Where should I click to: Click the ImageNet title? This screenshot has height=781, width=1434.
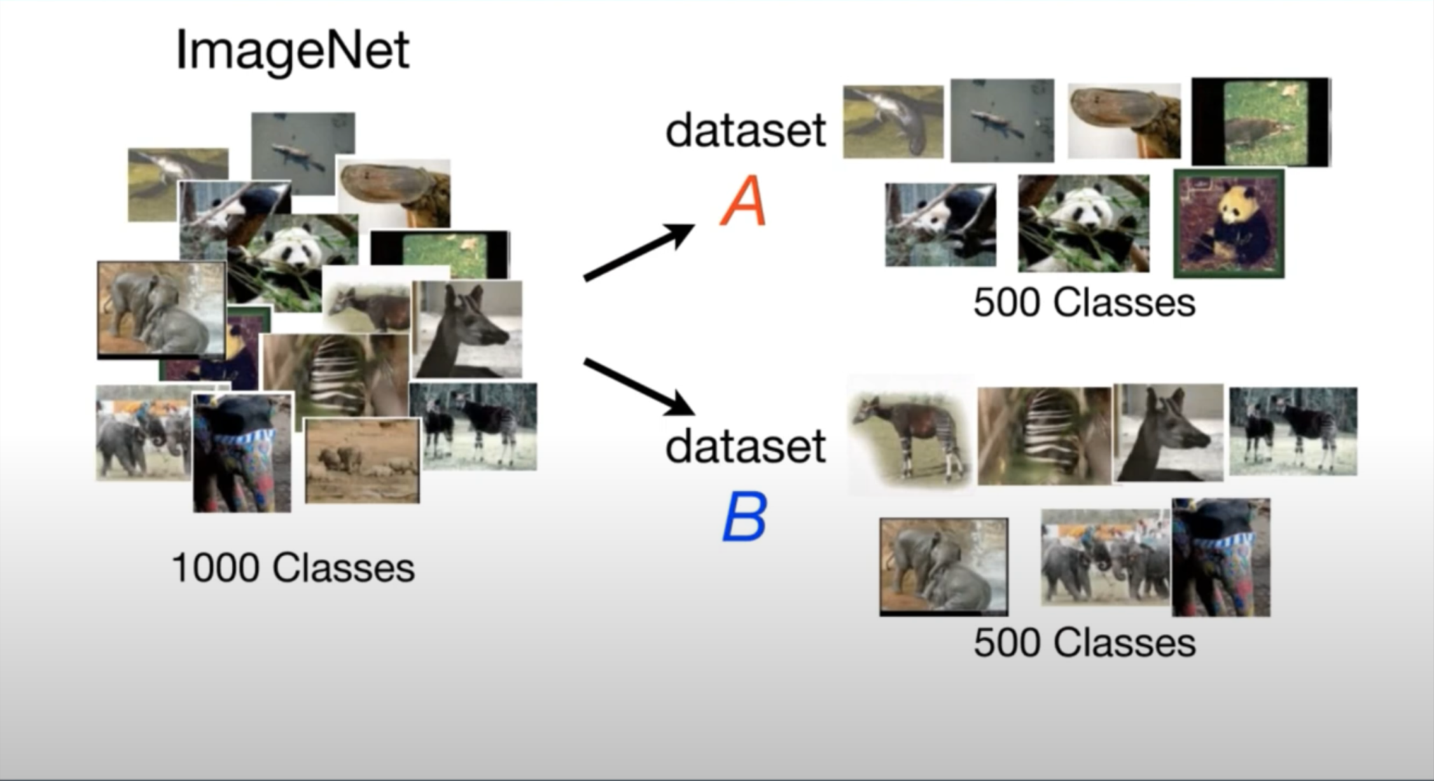click(292, 50)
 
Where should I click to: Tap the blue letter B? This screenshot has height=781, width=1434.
click(744, 518)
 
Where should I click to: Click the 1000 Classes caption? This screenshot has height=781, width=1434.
click(293, 567)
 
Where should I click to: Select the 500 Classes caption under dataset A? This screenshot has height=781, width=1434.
click(1084, 303)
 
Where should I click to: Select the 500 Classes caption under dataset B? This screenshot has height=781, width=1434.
click(1084, 643)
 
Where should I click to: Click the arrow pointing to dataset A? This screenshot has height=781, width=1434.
click(637, 252)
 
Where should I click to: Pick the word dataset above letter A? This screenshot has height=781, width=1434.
click(746, 130)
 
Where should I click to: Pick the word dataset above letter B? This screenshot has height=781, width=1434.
click(746, 446)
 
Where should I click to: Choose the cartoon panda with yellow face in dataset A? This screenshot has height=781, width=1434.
click(1229, 223)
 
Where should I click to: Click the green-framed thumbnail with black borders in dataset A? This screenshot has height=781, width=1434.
click(1260, 122)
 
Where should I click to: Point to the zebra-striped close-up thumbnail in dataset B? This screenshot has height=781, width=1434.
click(1043, 435)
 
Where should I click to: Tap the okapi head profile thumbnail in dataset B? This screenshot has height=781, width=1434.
click(1168, 432)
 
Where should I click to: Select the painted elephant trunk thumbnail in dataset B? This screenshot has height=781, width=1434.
click(1220, 558)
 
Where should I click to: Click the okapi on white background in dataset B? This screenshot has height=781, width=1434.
click(909, 434)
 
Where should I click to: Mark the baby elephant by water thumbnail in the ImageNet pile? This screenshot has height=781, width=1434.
click(162, 309)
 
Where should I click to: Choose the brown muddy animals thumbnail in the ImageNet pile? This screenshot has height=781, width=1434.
click(362, 460)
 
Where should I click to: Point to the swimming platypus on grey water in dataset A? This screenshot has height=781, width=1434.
click(1001, 120)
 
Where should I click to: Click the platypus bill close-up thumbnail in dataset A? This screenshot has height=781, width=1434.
click(1123, 121)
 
